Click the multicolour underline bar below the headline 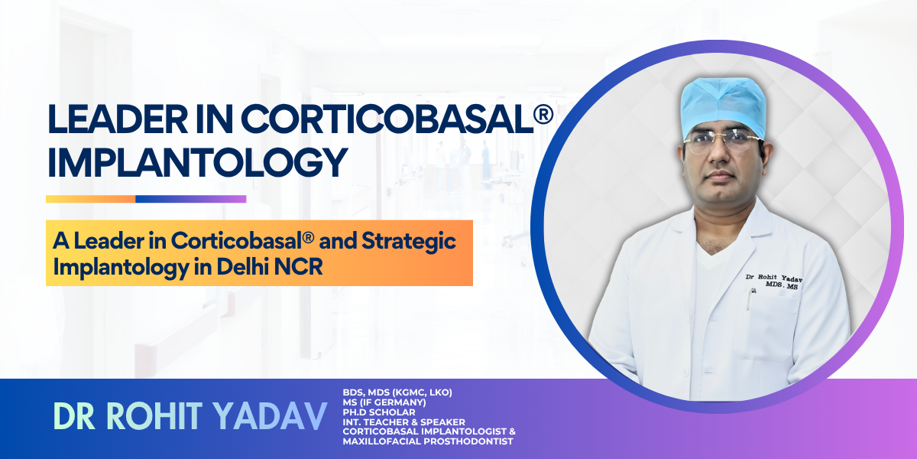[146, 199]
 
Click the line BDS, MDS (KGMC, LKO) [397, 392]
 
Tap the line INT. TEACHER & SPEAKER [403, 422]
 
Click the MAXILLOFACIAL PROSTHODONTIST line [429, 441]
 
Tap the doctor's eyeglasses [722, 142]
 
